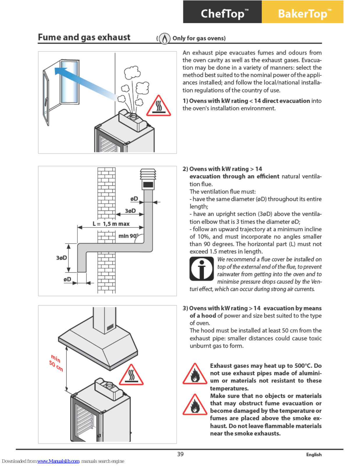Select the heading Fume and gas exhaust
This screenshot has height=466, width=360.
(84, 38)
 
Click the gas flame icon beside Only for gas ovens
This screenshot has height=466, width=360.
(164, 38)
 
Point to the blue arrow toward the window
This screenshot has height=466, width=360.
(84, 83)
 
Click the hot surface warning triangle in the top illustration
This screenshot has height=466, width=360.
(158, 106)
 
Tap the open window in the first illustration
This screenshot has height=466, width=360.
(61, 87)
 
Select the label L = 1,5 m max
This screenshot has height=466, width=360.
(111, 224)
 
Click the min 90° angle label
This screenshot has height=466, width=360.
(128, 236)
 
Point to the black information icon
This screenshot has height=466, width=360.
(201, 269)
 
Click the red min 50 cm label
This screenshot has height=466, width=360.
(56, 362)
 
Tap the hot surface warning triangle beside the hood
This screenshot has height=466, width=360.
(131, 375)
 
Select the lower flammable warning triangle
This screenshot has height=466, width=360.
(195, 405)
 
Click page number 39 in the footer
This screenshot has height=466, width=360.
(180, 454)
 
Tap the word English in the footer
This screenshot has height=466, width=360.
(314, 455)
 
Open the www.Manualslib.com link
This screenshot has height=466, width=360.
(58, 461)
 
